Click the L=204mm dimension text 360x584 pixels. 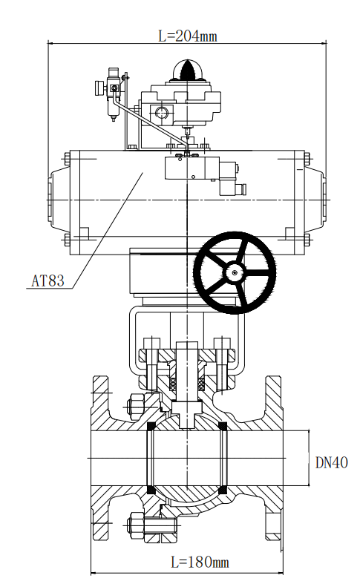click(188, 36)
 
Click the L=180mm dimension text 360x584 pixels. click(200, 562)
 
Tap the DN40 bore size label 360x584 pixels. click(331, 462)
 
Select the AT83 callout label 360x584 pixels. click(48, 280)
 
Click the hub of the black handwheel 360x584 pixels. click(234, 272)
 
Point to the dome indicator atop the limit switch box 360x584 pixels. click(187, 70)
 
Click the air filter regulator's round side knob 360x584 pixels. click(99, 88)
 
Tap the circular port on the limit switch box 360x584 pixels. click(162, 112)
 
